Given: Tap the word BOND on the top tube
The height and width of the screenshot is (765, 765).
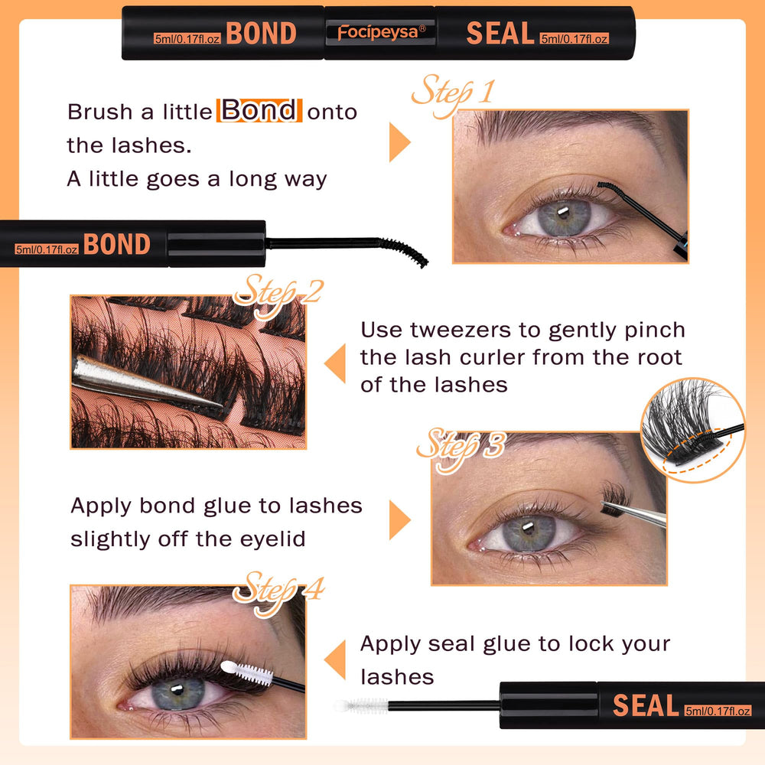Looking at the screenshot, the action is point(262,33).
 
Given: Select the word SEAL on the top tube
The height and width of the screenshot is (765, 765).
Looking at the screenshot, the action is point(500,33).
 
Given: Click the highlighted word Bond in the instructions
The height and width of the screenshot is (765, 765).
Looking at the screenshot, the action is point(259,110).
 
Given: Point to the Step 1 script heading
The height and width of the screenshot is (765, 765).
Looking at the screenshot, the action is point(452,93).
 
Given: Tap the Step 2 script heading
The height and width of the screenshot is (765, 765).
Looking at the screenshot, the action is point(278,295).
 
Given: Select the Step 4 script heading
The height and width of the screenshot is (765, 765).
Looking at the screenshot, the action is point(278,591).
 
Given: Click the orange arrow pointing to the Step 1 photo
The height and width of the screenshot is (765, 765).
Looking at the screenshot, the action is point(399,142).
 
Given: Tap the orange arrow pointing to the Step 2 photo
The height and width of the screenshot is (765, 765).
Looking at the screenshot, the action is point(335,363).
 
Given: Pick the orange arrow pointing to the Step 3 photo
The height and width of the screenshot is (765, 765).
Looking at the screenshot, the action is point(399,520).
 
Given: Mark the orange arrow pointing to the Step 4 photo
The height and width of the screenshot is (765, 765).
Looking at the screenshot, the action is point(335,659).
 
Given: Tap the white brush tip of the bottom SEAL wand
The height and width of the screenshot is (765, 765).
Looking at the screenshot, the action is point(361,705).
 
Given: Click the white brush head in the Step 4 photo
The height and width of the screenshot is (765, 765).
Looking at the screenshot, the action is point(246,672).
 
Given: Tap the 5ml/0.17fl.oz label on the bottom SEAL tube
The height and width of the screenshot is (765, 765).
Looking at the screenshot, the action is point(718,711).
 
